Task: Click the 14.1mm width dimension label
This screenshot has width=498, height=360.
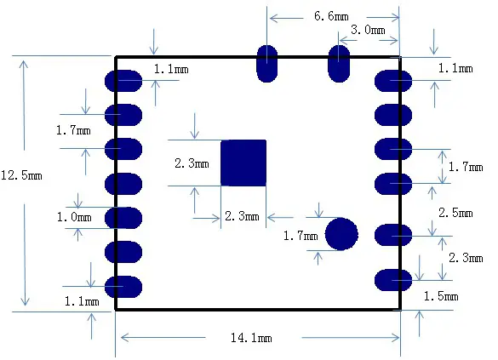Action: click(x=251, y=339)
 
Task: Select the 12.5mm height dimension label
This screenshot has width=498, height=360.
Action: click(x=21, y=175)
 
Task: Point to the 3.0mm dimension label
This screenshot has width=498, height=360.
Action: click(x=368, y=30)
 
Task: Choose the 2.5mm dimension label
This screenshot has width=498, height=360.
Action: click(x=455, y=212)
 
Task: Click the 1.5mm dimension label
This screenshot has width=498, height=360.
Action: click(x=441, y=296)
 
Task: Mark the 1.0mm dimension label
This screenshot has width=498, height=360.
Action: click(x=75, y=218)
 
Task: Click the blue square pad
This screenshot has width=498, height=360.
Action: click(x=243, y=163)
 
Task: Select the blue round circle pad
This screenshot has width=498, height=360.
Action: click(x=341, y=233)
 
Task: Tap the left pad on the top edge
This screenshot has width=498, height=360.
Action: click(x=267, y=63)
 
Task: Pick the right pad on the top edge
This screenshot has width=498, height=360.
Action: click(x=339, y=63)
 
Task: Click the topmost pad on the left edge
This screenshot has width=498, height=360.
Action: click(x=123, y=81)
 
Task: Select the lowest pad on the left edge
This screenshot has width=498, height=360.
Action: click(x=123, y=287)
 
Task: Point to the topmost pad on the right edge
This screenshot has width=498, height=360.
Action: click(x=392, y=81)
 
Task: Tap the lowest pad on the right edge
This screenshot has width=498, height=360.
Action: click(x=392, y=279)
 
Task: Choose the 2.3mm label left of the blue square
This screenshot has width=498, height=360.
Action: click(x=192, y=163)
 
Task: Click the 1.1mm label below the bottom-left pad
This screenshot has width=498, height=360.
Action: click(x=82, y=300)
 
